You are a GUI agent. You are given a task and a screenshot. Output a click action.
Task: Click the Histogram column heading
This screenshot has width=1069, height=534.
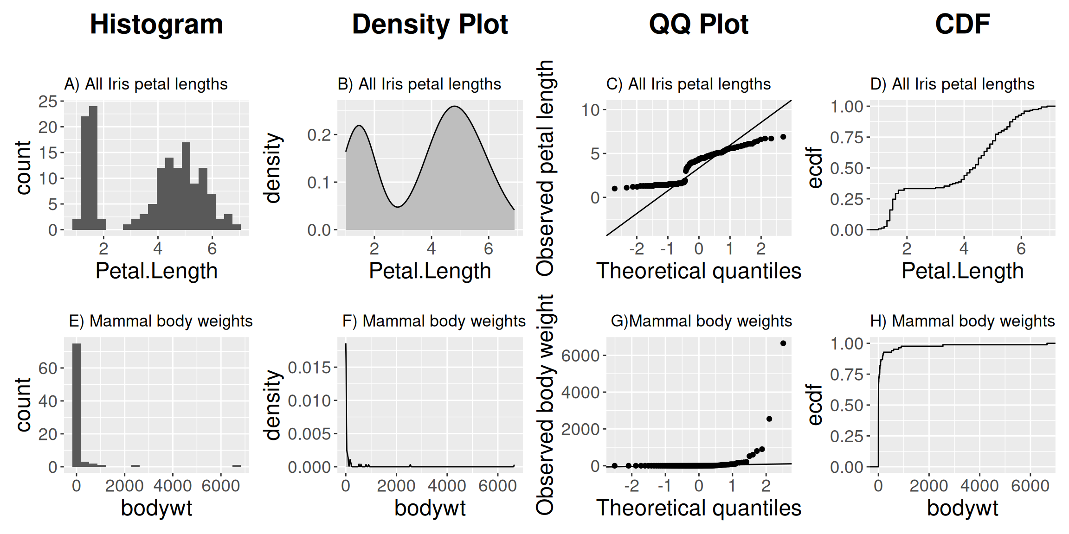tap(156, 24)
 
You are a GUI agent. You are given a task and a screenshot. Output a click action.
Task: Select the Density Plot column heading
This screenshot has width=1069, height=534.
tap(430, 24)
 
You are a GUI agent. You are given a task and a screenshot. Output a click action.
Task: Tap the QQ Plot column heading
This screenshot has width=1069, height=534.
tap(698, 24)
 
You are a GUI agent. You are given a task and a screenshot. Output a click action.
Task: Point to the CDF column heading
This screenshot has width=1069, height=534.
tap(962, 24)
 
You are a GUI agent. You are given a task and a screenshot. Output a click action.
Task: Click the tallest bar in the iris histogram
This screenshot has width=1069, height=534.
tap(93, 167)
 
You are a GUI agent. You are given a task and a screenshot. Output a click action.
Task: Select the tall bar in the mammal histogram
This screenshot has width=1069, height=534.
tap(77, 403)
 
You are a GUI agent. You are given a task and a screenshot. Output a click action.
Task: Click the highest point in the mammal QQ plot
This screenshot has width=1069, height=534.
tap(783, 343)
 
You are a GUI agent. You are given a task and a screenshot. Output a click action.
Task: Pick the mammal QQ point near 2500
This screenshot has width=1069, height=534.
tap(769, 419)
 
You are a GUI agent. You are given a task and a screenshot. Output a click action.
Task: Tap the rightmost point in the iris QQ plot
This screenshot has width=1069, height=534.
tap(783, 137)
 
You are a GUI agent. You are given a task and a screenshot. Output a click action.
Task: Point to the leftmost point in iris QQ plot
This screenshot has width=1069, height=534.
tap(615, 189)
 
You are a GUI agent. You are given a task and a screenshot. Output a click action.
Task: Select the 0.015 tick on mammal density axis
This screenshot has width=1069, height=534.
tap(309, 368)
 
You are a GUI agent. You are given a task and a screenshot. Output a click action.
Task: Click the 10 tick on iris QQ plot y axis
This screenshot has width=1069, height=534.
tap(591, 110)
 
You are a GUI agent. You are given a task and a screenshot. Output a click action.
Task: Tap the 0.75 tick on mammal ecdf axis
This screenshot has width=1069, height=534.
tap(847, 375)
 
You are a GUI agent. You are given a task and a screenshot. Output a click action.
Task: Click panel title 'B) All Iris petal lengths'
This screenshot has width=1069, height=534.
tap(419, 84)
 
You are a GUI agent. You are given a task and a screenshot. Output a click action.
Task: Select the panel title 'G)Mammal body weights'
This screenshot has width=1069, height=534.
tap(701, 321)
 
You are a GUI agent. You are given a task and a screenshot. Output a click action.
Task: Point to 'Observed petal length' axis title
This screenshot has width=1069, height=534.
tap(545, 168)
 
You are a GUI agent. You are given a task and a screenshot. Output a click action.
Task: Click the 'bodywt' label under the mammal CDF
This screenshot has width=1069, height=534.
tap(962, 508)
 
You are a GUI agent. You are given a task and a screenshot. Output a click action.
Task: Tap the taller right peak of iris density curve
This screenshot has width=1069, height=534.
tap(455, 107)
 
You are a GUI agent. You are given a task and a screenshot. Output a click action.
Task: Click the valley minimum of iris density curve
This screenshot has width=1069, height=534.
tap(398, 207)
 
